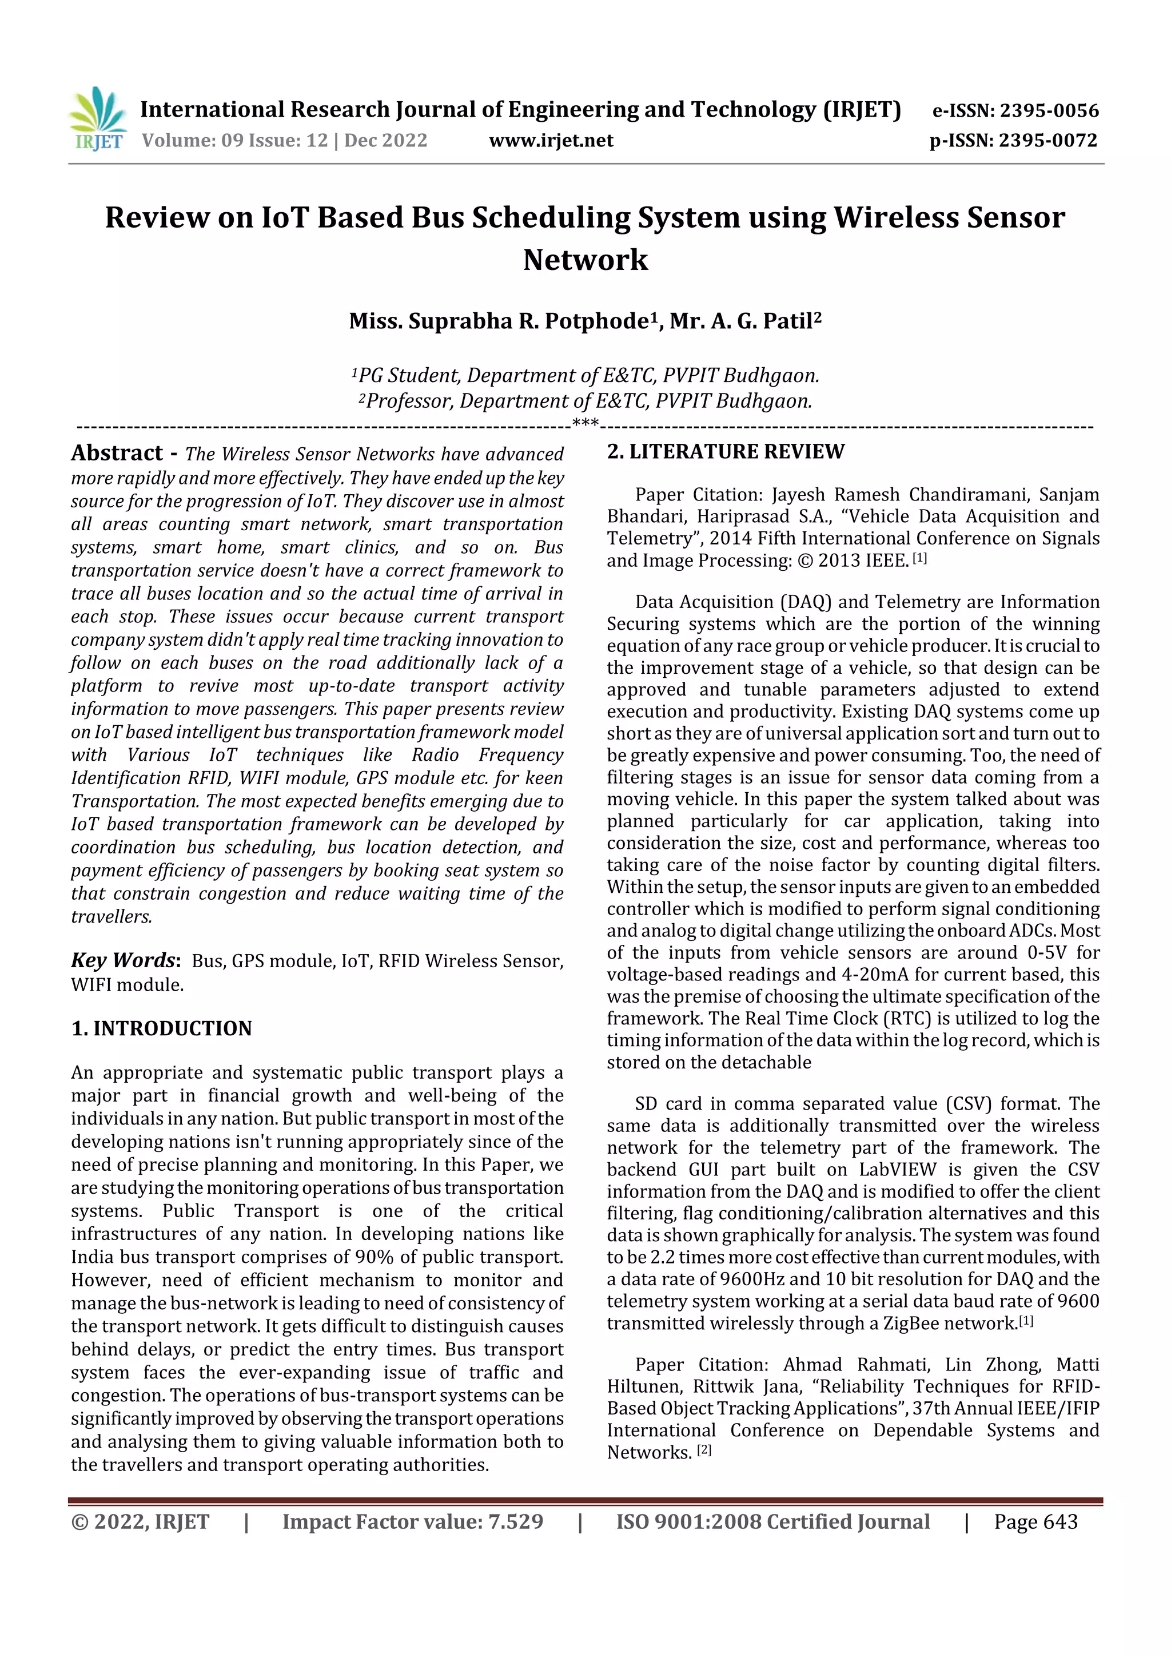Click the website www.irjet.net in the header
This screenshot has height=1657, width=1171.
coord(551,140)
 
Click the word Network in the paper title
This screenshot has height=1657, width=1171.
coord(585,260)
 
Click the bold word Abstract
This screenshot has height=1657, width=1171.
coord(117,453)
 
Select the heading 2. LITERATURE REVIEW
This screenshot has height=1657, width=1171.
coord(725,452)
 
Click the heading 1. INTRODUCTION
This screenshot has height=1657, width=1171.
coord(162,1028)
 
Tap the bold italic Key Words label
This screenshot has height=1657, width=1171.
coord(124,960)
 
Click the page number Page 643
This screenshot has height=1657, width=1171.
coord(1035,1521)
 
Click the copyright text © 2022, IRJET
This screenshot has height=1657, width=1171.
coord(140,1521)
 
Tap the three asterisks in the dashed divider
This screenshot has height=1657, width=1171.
coord(585,424)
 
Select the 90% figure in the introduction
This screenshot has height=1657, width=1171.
coord(375,1257)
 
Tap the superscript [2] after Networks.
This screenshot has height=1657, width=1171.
coord(704,1450)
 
